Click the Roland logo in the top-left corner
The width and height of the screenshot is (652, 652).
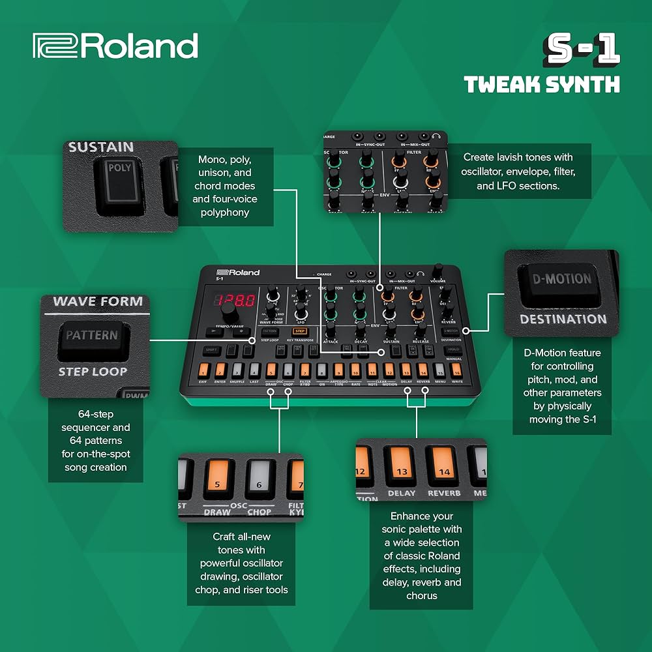(x=115, y=47)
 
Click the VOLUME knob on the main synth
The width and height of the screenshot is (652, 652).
(x=437, y=270)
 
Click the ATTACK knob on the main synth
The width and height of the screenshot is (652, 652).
(x=331, y=328)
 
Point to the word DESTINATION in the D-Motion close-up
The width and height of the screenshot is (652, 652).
(x=563, y=319)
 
